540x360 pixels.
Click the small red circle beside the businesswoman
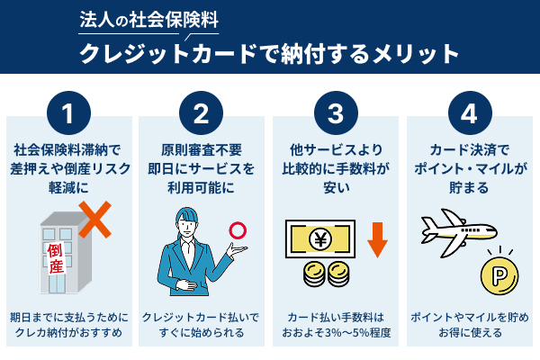coord(238,230)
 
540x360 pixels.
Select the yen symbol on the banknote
coord(321,240)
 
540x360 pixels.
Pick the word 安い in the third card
coord(335,189)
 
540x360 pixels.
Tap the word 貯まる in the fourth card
coord(468,189)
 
